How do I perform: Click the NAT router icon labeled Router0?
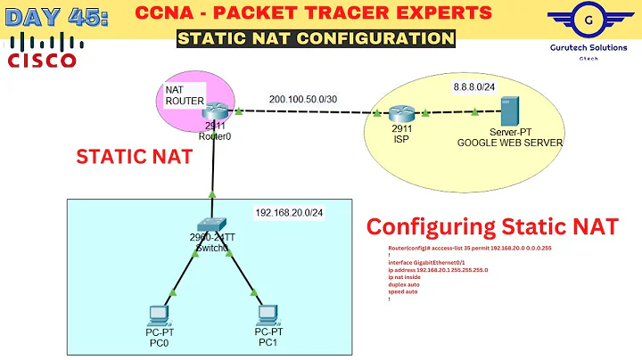[x=214, y=111]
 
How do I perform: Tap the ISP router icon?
[x=402, y=113]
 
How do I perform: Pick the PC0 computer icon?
[x=158, y=315]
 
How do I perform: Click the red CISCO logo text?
[x=43, y=59]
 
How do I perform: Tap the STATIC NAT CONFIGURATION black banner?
[x=315, y=38]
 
